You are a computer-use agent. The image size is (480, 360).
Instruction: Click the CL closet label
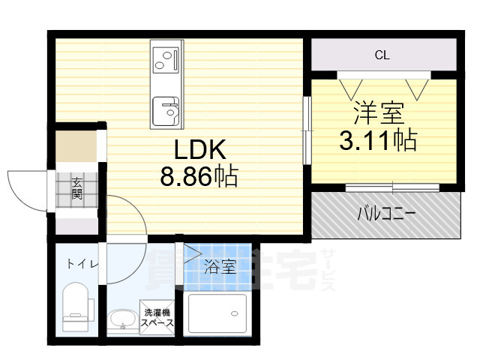click(x=382, y=55)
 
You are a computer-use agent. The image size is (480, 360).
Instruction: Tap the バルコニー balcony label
click(x=385, y=214)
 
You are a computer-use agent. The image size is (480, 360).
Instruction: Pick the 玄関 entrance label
click(x=76, y=187)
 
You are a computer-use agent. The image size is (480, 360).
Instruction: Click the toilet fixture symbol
click(x=76, y=307)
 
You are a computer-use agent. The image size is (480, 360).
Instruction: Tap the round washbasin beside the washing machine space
click(x=121, y=322)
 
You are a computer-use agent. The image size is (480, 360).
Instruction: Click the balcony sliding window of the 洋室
click(x=382, y=187)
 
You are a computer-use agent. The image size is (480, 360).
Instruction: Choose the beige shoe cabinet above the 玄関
click(x=75, y=145)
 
